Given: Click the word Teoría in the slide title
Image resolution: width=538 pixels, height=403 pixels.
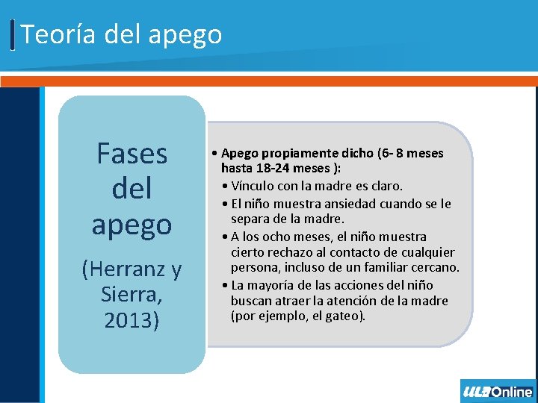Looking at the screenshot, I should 52,34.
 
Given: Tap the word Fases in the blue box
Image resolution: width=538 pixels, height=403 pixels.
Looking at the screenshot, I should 132,154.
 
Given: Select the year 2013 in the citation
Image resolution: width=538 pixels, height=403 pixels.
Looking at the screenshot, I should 132,322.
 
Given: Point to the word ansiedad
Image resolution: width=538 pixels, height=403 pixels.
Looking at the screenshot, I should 350,203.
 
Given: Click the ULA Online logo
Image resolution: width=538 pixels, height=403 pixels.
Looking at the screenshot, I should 497,391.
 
